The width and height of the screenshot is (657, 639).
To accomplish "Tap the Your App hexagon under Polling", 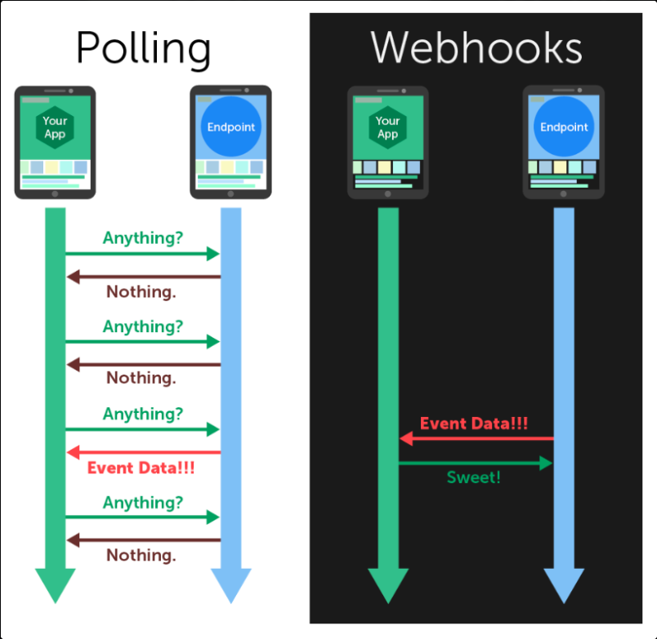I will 55,127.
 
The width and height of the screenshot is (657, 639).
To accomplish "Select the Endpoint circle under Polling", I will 231,127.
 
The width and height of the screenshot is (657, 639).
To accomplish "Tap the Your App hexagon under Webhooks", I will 387,127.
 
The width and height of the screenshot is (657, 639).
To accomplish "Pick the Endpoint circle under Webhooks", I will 564,127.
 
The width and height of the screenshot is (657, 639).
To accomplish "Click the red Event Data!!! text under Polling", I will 141,468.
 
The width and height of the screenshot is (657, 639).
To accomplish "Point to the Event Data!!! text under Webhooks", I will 474,424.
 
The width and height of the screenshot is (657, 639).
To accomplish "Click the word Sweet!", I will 474,477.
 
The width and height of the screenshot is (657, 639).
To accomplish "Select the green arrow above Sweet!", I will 476,463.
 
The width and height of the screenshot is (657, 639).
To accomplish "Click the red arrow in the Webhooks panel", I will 476,439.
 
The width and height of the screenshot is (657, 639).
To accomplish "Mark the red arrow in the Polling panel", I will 143,451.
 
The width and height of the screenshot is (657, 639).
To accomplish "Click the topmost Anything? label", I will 143,238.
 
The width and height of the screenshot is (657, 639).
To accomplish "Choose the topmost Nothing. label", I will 141,291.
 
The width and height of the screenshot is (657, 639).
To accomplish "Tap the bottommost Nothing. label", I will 141,556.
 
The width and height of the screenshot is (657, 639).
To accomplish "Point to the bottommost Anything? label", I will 143,503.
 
